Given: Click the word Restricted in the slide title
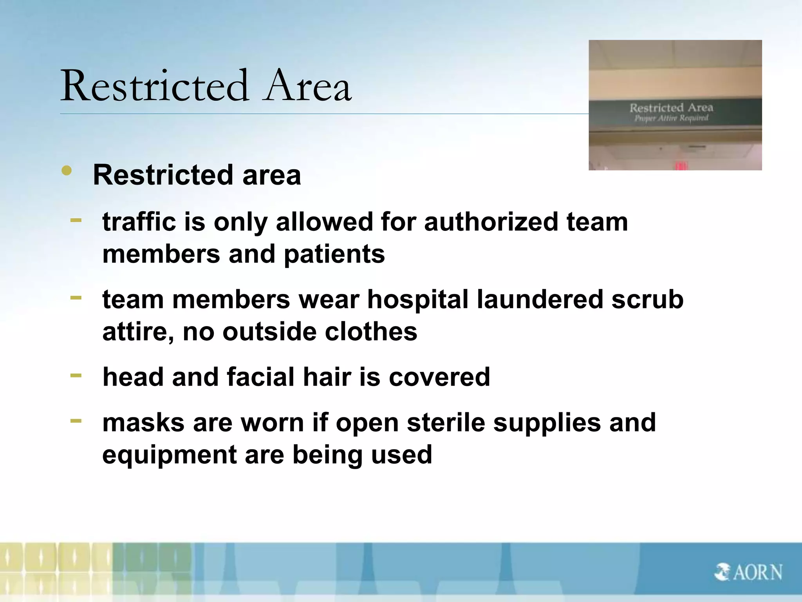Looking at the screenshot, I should tap(154, 86).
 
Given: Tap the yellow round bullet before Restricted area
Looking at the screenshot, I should tap(67, 170).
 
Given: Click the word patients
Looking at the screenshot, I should tap(334, 254).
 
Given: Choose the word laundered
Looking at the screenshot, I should tap(540, 299).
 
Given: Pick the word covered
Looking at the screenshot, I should tap(439, 377).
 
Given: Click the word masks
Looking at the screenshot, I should tap(143, 422).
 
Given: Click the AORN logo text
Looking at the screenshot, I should tap(757, 573).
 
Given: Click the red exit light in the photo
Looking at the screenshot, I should tap(681, 165).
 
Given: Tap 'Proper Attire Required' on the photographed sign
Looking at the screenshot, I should tap(671, 118).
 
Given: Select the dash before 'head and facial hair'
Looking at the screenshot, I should tap(76, 375).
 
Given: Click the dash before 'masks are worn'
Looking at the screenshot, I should tap(76, 421).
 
